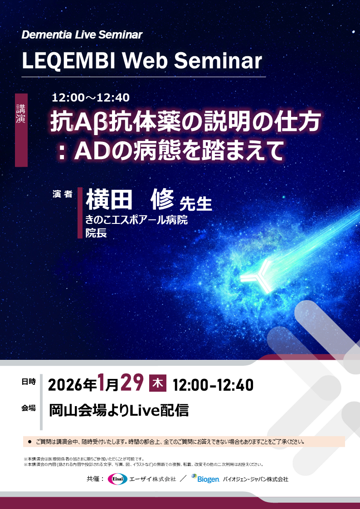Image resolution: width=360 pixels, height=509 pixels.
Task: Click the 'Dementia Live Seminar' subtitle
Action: coord(82,35)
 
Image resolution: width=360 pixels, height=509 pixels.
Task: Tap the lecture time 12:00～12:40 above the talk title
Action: coord(91,97)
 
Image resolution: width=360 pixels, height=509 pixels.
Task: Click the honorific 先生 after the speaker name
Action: coord(196,204)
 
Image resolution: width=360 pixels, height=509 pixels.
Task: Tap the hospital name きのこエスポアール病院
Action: coord(136,221)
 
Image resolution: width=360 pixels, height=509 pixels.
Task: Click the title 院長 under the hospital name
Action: coord(96,233)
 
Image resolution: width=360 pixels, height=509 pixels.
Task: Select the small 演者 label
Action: coord(62,194)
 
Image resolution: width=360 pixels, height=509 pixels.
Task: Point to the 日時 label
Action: coord(28,382)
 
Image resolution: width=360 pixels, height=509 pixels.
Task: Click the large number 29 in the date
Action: coord(132,384)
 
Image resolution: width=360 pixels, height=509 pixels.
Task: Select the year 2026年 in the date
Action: coord(73,385)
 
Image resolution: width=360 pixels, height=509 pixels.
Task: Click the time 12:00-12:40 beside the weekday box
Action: coord(213,385)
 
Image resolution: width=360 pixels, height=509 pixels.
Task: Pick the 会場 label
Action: coord(28,407)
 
